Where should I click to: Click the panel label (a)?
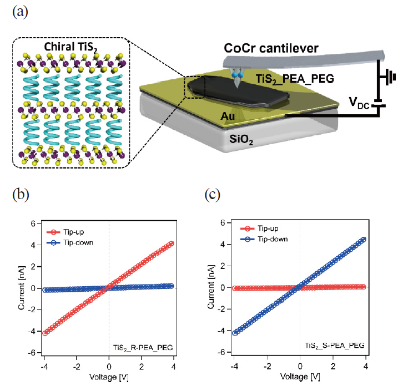21,12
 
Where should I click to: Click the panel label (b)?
21,195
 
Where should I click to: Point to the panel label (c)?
212,195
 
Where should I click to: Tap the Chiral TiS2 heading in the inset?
70,47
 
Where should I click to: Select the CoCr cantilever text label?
271,48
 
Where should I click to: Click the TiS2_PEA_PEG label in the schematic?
295,79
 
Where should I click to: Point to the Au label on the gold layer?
228,116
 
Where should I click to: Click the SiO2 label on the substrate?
241,139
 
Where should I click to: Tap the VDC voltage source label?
359,103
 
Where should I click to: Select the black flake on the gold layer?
238,91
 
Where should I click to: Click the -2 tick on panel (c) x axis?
268,366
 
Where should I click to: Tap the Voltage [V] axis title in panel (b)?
109,377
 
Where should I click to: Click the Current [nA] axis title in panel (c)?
211,287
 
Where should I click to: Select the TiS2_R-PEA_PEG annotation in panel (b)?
143,348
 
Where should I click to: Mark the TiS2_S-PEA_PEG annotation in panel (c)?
335,346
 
